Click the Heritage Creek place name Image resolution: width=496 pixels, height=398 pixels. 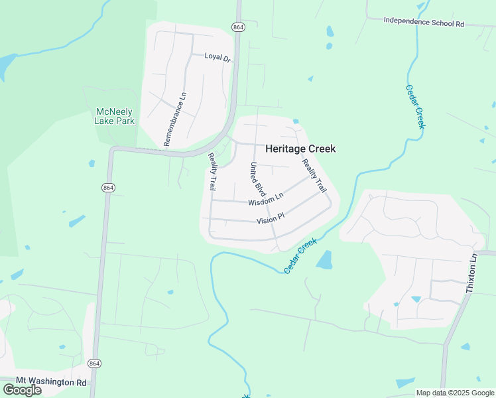(x=300, y=149)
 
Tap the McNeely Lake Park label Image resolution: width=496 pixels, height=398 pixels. (x=115, y=116)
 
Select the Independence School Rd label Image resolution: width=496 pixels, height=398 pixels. (x=424, y=22)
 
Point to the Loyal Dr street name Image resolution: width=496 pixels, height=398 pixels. (x=217, y=58)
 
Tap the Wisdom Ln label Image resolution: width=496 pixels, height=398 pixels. (x=266, y=198)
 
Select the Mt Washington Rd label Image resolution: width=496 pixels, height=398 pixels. (x=46, y=383)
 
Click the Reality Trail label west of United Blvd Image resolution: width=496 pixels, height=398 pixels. (x=212, y=172)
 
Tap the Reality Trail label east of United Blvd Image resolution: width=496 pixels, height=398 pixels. (x=314, y=176)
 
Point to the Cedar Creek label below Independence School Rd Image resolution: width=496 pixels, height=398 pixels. (x=415, y=107)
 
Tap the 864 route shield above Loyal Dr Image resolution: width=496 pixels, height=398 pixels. (x=239, y=27)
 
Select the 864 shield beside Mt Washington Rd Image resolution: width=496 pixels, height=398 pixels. (x=95, y=364)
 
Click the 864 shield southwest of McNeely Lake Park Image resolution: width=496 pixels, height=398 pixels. (x=107, y=188)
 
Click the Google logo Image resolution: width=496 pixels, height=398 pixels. (x=22, y=389)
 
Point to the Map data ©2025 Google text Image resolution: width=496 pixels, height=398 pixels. (x=455, y=393)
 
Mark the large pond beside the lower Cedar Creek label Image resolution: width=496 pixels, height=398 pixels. (x=324, y=260)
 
